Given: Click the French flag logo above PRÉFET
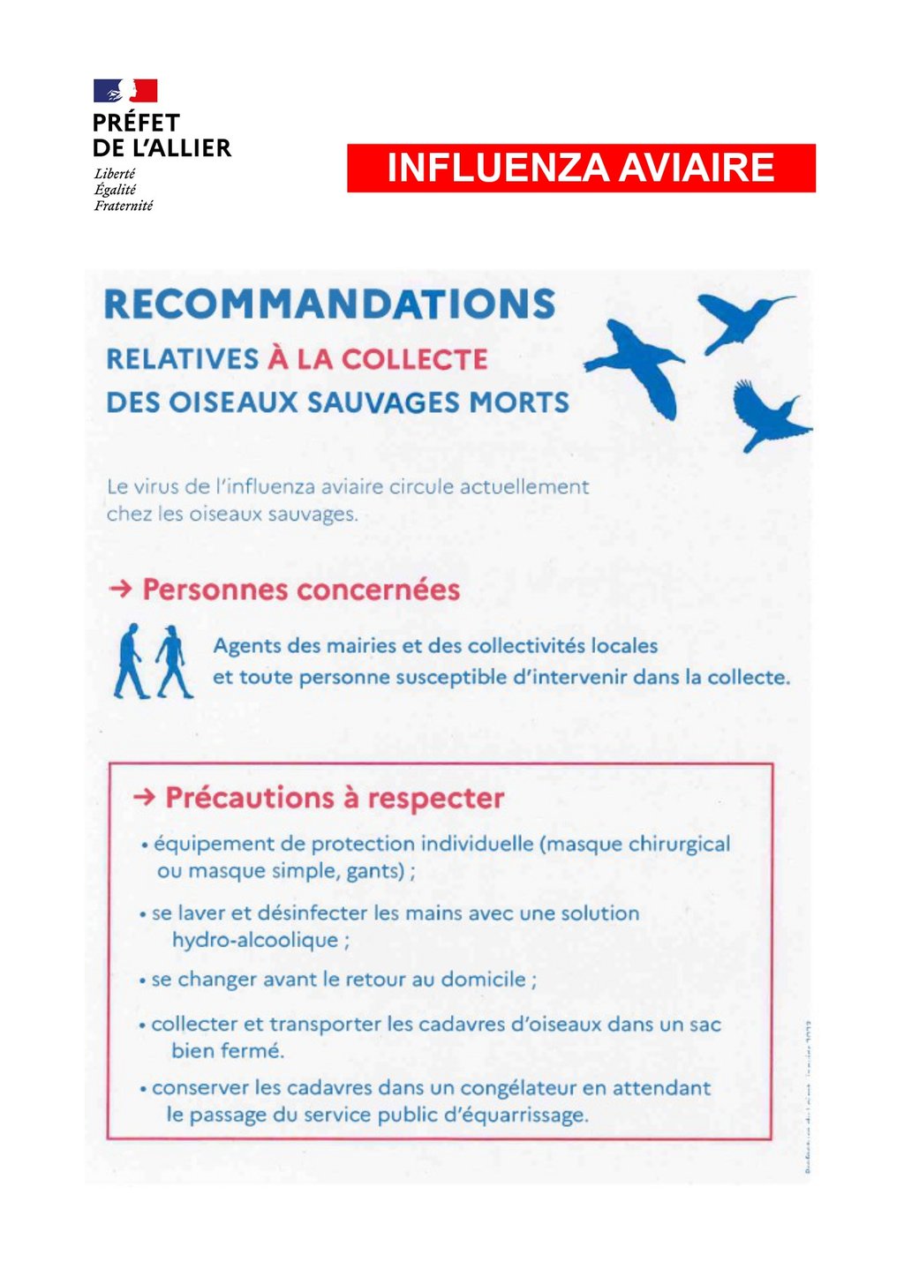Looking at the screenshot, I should coord(125,91).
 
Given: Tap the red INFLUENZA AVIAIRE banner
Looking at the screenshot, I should coord(581,168).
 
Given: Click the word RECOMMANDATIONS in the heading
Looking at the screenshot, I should coord(330,304).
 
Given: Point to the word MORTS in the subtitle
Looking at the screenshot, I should coord(519,402).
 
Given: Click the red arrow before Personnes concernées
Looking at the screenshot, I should coord(120,589).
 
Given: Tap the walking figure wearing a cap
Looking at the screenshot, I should coord(173,661).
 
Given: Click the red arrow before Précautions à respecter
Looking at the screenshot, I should coord(144,798).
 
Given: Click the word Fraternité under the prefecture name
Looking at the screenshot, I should coord(124,206).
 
